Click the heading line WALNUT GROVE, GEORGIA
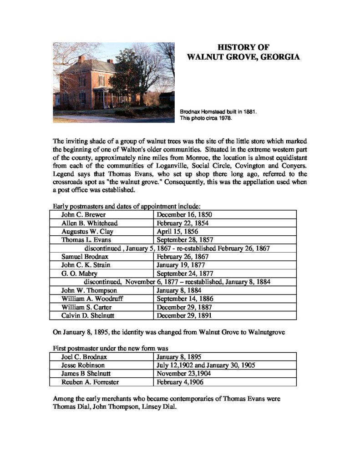[243, 57]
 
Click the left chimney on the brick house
[81, 59]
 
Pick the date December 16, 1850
[184, 214]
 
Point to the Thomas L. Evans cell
[86, 239]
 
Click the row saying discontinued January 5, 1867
[177, 248]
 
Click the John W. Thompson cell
[89, 290]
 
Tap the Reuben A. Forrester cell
[90, 382]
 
